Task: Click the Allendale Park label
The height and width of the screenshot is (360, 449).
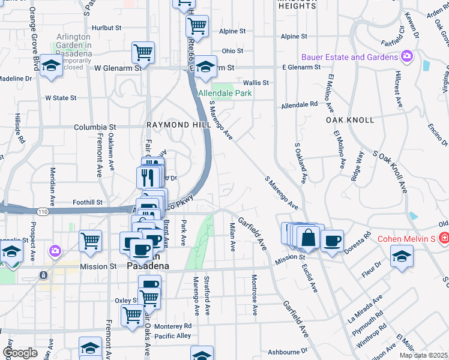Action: point(226,94)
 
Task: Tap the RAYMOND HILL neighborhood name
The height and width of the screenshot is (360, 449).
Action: point(172,125)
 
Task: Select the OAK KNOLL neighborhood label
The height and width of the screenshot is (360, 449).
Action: point(350,120)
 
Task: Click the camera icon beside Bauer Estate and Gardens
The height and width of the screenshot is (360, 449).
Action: point(408,57)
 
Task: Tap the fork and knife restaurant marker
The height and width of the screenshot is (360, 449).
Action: point(147,177)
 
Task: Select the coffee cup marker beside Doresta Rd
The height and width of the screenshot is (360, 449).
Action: point(332,241)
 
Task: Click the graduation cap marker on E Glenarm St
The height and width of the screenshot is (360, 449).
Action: point(205,67)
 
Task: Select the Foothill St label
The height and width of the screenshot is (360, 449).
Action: point(88,203)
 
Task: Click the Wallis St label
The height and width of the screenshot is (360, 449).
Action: point(255,82)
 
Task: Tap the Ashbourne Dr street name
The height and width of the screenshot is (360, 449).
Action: point(287,350)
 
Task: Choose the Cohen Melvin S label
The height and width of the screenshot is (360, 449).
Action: point(405,239)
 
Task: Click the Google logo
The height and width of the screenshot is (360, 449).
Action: point(20,353)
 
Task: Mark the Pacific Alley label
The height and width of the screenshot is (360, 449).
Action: point(172,336)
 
